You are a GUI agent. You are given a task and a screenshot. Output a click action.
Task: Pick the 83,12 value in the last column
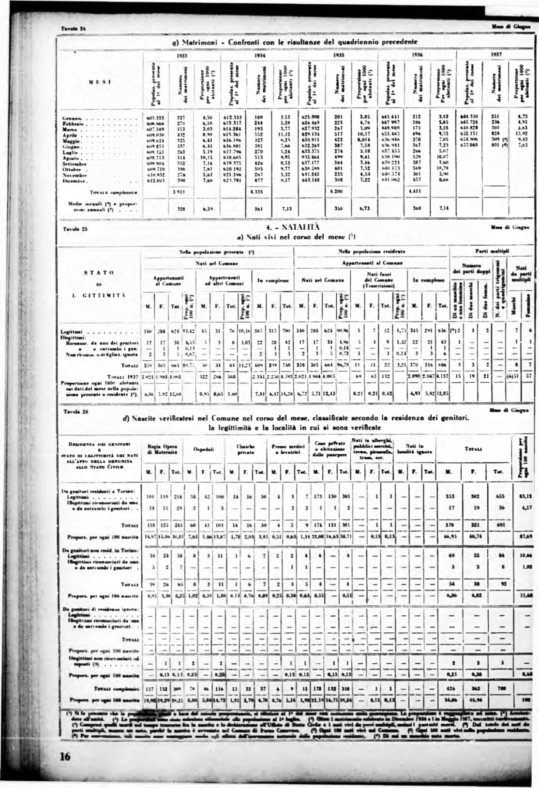click(524, 496)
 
